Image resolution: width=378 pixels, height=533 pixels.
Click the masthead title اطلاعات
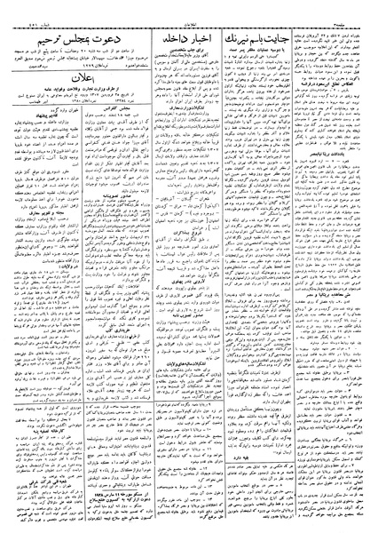190,6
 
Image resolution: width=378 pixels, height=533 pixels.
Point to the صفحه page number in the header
355,6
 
